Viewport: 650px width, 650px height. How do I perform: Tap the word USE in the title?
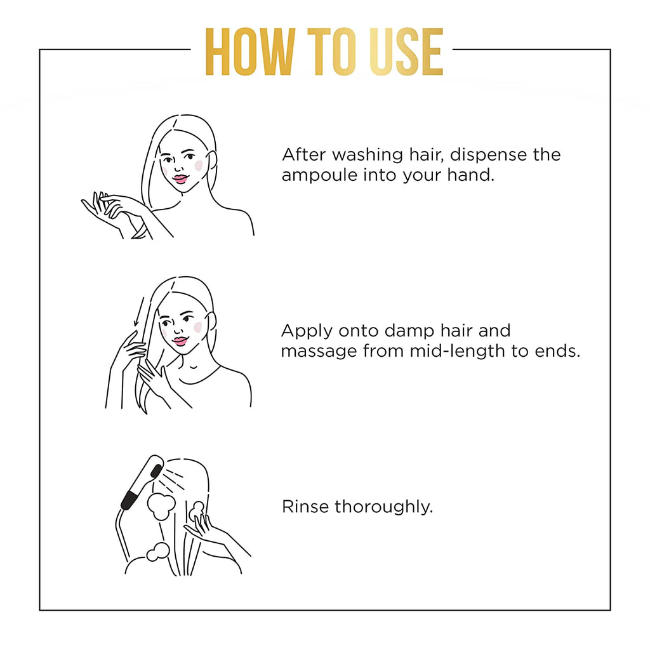click(407, 52)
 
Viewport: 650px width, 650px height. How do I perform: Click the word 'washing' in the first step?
click(368, 156)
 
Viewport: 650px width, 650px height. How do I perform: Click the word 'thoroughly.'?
click(384, 507)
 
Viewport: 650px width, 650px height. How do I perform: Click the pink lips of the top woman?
click(180, 179)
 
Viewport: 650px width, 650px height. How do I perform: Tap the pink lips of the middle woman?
click(180, 341)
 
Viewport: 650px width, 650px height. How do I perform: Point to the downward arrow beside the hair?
click(139, 312)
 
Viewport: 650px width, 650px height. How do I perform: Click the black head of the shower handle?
click(157, 470)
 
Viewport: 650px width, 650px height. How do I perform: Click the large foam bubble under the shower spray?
click(161, 506)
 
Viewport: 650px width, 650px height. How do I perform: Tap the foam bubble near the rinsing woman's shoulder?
click(158, 552)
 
